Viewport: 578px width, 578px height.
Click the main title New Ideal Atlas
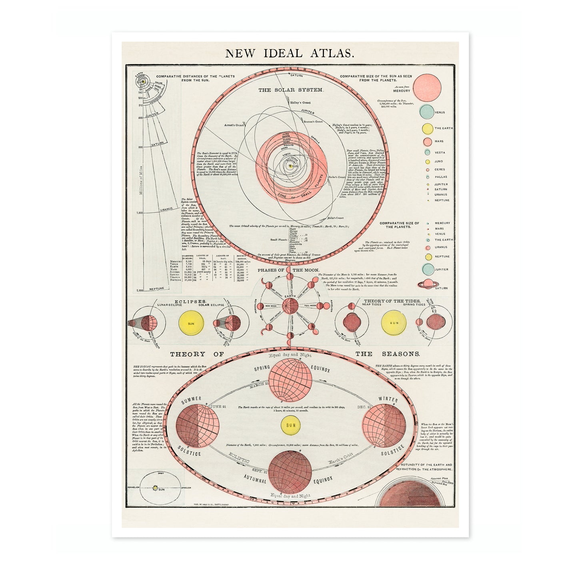tap(289, 53)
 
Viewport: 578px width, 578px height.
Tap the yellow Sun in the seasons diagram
tap(291, 425)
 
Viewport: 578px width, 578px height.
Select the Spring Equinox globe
tap(290, 379)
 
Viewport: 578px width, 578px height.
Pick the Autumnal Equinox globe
tap(290, 471)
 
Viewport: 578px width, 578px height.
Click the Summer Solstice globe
tap(198, 426)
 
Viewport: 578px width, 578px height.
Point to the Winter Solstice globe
tap(384, 426)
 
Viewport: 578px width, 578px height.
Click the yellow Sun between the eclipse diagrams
tap(191, 323)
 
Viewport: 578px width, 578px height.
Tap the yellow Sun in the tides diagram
tap(394, 323)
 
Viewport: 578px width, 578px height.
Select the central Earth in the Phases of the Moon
tap(290, 306)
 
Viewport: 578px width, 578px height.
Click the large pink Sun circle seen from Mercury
tap(427, 88)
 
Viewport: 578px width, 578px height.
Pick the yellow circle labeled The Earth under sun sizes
tap(428, 129)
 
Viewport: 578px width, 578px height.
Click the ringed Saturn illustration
tap(428, 284)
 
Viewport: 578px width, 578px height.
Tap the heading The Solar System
tap(290, 90)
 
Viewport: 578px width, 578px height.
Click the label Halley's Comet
tap(300, 103)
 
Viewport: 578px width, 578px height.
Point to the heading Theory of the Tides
tap(392, 301)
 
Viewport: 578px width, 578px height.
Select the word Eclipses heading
tap(190, 301)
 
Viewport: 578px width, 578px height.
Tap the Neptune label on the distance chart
tap(157, 288)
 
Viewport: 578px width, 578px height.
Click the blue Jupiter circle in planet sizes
tap(428, 269)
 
